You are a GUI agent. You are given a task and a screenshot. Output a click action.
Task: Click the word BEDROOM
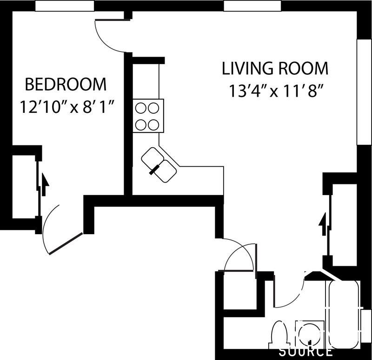tap(66, 85)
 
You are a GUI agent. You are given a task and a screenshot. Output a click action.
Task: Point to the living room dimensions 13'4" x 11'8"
tap(276, 91)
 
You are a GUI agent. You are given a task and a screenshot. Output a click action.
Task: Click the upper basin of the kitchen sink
tap(152, 157)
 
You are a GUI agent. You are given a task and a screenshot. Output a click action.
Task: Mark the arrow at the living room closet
tap(321, 226)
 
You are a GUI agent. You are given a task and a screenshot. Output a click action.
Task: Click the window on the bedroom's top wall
tap(65, 6)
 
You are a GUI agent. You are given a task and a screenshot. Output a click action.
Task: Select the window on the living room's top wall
tap(252, 6)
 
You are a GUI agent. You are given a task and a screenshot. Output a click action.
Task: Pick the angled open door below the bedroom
tap(65, 242)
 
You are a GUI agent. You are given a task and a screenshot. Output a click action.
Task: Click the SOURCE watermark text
tap(305, 351)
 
